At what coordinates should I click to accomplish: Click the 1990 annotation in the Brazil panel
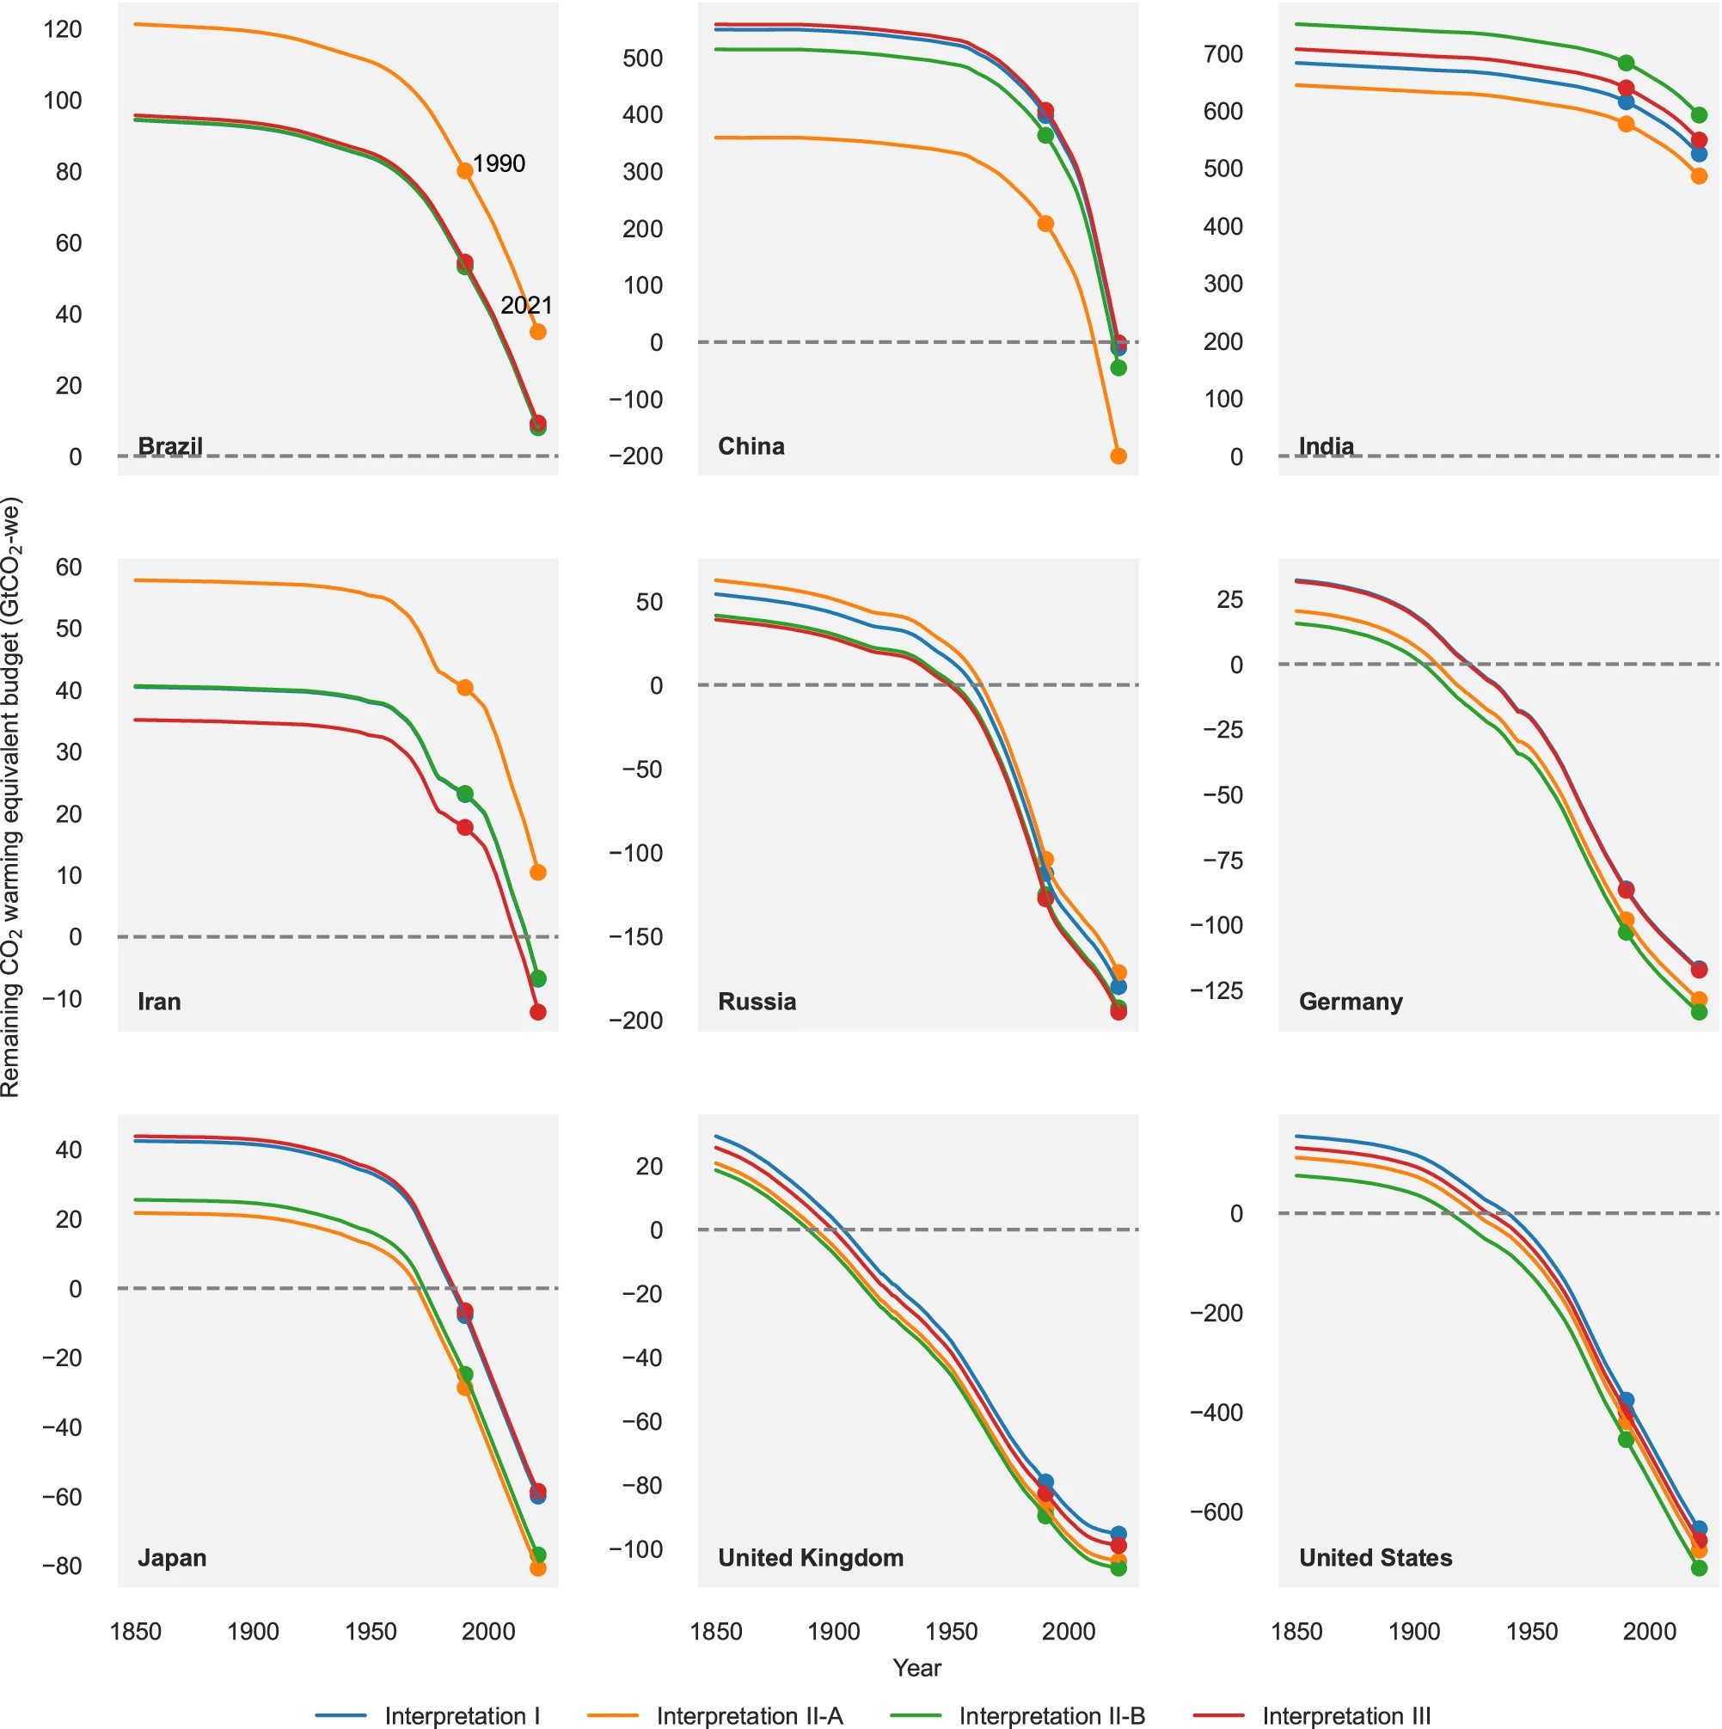pos(499,163)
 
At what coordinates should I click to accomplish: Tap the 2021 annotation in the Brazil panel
pos(526,306)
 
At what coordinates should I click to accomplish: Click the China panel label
pos(751,446)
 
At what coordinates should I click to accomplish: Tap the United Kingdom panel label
pos(810,1558)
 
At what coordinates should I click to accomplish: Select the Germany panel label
pos(1350,1002)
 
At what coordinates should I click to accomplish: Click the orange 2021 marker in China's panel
pos(1118,457)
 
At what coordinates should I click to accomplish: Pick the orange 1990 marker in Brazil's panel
pos(465,171)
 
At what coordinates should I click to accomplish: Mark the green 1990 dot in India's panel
pos(1627,64)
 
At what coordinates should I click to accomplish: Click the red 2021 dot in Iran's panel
pos(538,1012)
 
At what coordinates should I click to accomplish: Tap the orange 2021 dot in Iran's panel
pos(538,873)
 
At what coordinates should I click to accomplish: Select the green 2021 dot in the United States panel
pos(1699,1568)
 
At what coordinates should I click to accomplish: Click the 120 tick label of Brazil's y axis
pos(63,29)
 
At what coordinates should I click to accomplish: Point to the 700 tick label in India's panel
pos(1223,54)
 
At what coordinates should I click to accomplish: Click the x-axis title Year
pos(916,1667)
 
